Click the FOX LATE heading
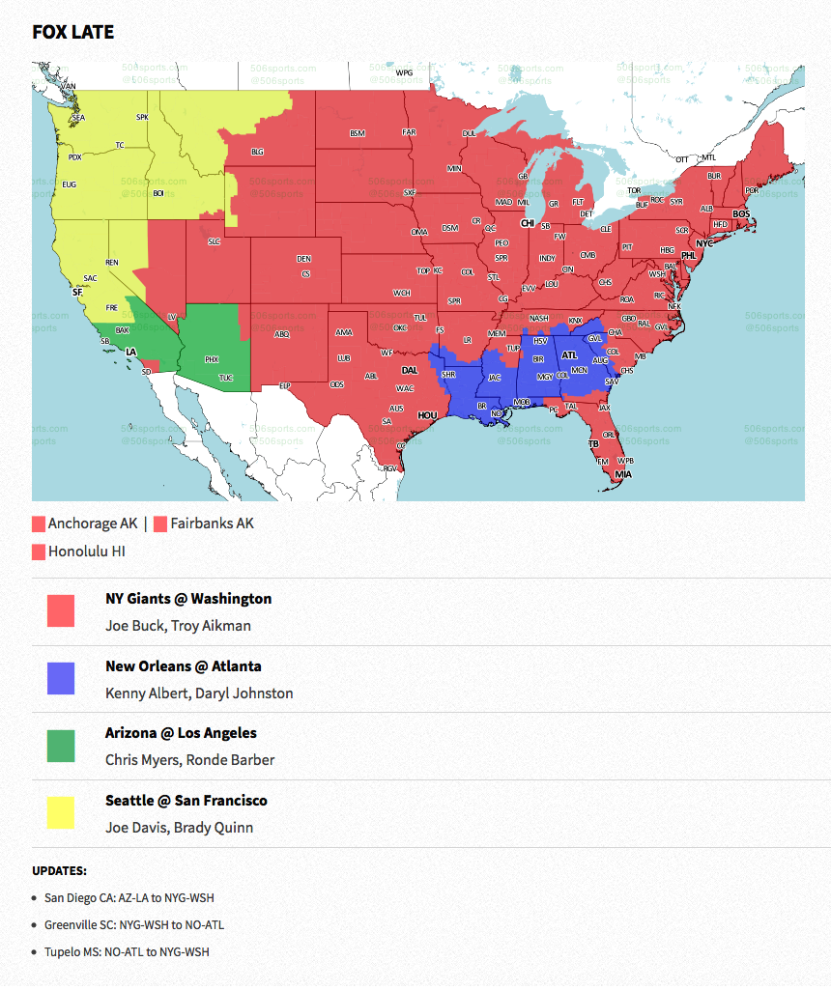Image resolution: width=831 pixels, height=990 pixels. [x=73, y=32]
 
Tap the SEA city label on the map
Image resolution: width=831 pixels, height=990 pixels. [x=78, y=118]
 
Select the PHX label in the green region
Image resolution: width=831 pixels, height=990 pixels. [x=212, y=359]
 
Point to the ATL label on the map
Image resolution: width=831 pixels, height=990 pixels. [x=569, y=354]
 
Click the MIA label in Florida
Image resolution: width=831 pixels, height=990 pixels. [x=623, y=474]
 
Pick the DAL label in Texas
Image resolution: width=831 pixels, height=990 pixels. [x=410, y=370]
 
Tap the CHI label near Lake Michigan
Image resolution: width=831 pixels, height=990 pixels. [x=528, y=223]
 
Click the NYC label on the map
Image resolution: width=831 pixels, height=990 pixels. [x=704, y=242]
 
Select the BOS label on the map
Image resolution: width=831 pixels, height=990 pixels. [x=741, y=213]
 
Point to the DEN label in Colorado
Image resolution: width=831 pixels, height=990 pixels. [x=303, y=259]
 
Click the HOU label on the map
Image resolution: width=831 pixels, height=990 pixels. [x=427, y=415]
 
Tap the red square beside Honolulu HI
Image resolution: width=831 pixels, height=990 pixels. [x=39, y=552]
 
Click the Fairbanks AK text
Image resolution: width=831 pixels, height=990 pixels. [x=212, y=523]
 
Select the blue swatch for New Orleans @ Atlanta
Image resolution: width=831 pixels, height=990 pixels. [x=61, y=678]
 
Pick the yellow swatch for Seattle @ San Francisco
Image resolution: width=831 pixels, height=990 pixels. [x=61, y=812]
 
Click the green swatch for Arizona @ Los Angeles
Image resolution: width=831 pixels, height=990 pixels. [x=61, y=746]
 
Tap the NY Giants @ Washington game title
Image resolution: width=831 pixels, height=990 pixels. [x=188, y=599]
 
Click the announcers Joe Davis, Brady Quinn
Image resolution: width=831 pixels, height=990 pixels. [x=179, y=828]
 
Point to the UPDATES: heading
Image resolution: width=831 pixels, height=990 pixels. [x=59, y=870]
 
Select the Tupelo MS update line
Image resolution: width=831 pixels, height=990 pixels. [x=127, y=951]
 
